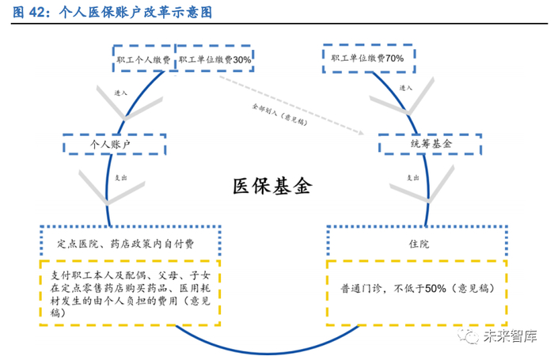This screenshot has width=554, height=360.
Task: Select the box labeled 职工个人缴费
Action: [143, 60]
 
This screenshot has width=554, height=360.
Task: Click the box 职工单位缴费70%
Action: [367, 59]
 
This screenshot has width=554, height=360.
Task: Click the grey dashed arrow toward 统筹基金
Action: [317, 110]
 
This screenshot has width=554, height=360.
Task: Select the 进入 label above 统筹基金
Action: [406, 88]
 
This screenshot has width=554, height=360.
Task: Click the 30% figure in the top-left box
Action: [241, 60]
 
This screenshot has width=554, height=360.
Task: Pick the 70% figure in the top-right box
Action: [395, 59]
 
